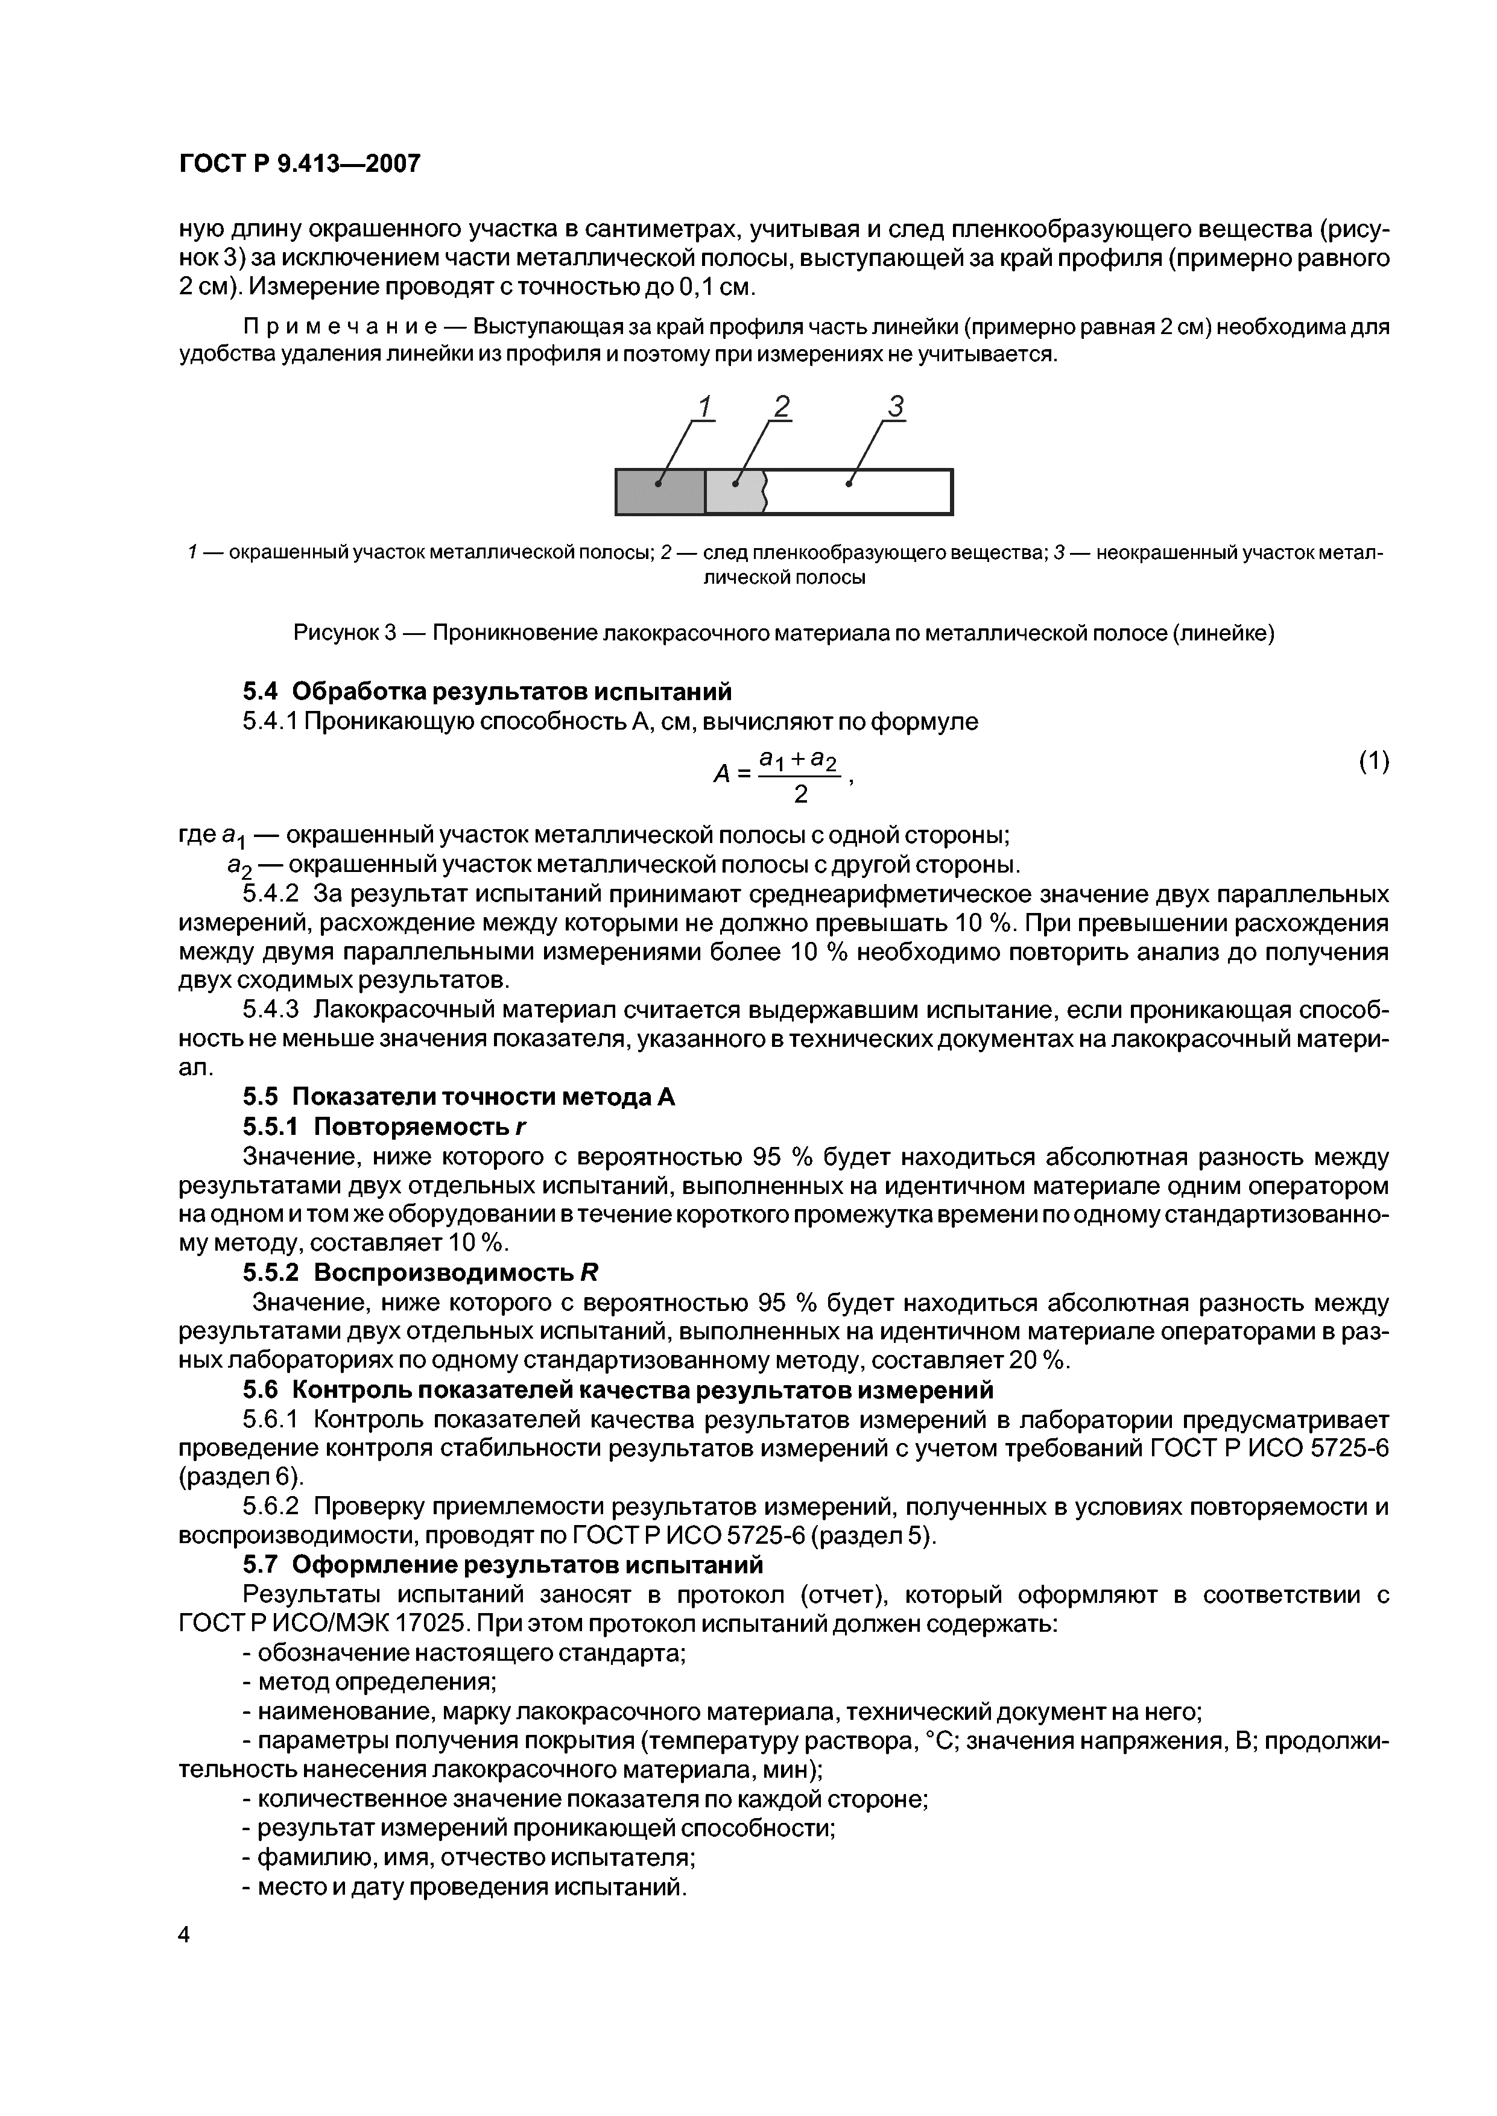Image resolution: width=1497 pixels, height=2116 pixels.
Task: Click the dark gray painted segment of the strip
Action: (x=660, y=492)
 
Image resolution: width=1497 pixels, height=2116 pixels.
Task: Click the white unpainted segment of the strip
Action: (x=857, y=492)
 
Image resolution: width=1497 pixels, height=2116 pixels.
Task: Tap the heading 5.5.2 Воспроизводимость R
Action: (x=420, y=1273)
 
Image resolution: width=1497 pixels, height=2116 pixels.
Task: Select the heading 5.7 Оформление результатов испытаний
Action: (x=502, y=1565)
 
